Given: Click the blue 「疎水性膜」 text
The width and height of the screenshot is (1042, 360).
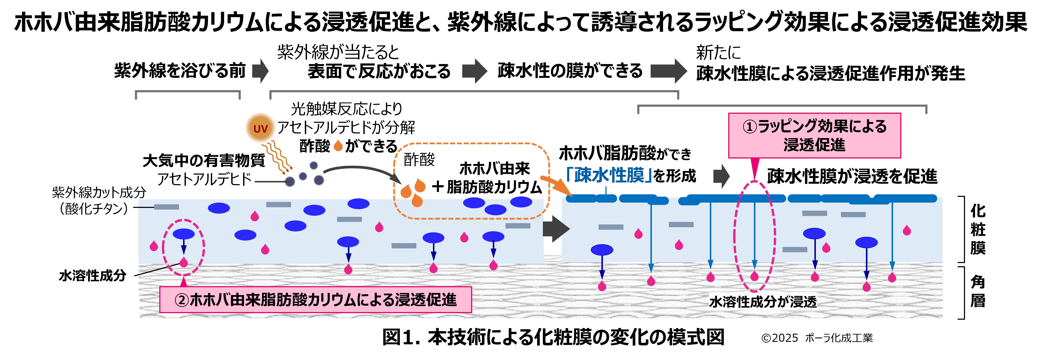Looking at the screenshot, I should coord(609,175).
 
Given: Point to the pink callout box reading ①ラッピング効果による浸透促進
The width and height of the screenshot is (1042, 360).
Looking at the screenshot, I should coord(814,136).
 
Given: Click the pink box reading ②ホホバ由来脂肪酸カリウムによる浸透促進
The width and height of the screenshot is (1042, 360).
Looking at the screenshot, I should coord(315,300).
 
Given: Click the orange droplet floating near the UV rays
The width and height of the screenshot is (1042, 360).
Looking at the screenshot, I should coord(338,145).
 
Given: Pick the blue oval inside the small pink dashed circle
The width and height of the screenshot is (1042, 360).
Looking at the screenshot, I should coord(184,234).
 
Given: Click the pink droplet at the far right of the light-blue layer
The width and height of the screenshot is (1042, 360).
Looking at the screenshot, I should coord(907,230).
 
